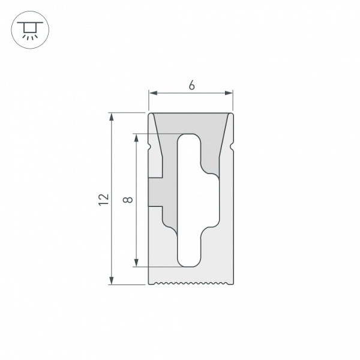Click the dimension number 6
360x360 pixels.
[x=191, y=86]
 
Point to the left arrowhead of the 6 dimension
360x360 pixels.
[x=152, y=93]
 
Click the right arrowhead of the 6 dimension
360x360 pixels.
[x=229, y=93]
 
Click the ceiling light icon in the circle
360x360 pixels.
[x=28, y=29]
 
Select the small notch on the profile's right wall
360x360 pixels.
[x=231, y=146]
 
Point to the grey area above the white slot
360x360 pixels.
[x=191, y=123]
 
